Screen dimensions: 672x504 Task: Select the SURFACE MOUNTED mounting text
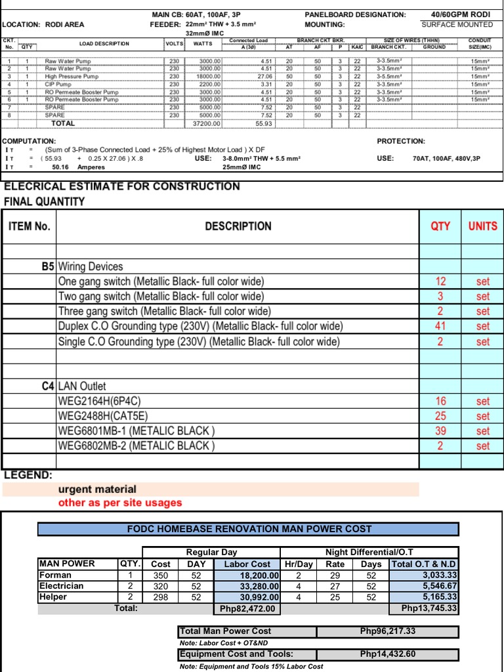(x=457, y=24)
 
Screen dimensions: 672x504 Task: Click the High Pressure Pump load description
(x=72, y=77)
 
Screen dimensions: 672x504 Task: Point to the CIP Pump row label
(x=58, y=85)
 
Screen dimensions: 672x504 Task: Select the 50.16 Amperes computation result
(x=69, y=167)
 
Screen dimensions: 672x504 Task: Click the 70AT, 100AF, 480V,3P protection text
(x=446, y=159)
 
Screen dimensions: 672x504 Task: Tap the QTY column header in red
(x=440, y=226)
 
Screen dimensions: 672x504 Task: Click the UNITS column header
(x=483, y=226)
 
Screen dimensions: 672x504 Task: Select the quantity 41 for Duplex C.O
(x=440, y=326)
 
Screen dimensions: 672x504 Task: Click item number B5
(x=47, y=266)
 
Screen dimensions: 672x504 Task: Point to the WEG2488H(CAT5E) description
(x=103, y=416)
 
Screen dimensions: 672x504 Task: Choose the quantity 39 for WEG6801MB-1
(x=440, y=431)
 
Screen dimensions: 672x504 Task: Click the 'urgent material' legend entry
(x=97, y=489)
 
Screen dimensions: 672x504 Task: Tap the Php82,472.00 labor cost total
(x=249, y=609)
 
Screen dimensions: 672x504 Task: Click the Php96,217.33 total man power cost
(x=387, y=631)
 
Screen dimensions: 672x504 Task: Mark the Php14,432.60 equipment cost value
(x=387, y=654)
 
